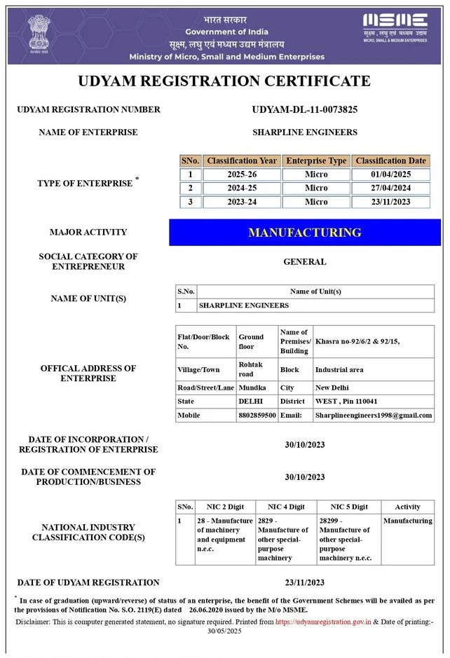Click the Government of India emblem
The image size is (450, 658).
39,34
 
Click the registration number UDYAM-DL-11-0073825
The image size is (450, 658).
304,109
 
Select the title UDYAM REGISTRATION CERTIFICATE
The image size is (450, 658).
224,81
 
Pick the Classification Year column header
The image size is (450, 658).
242,160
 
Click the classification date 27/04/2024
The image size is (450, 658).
390,188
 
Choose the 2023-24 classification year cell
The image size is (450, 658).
242,202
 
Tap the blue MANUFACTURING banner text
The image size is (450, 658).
304,233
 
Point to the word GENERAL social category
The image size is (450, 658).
304,261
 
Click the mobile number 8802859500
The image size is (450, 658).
257,416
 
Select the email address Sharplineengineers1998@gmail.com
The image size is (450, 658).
372,416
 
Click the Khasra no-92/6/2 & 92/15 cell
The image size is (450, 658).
357,341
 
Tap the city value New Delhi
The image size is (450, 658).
332,388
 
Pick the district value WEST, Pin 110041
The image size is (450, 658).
346,402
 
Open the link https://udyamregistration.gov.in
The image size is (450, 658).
322,622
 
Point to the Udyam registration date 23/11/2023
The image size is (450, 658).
304,582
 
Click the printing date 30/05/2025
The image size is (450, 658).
224,631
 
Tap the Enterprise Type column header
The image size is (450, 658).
316,160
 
